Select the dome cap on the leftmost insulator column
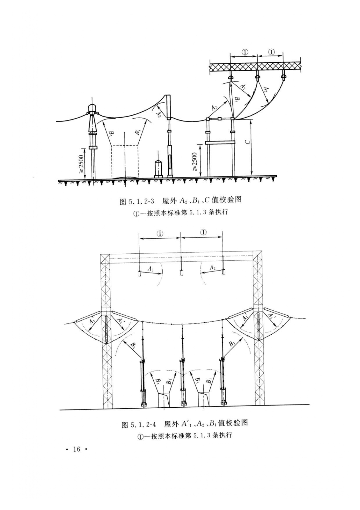click(92, 108)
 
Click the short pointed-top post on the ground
click(158, 168)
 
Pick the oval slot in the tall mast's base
click(170, 161)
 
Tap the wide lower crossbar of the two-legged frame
click(220, 142)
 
